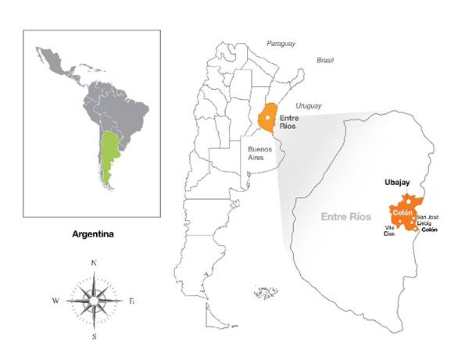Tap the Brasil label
(325, 59)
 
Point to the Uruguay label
(308, 105)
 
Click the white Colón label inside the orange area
(403, 212)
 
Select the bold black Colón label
(428, 230)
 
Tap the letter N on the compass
(94, 263)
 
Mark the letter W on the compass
(55, 301)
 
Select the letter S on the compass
(94, 337)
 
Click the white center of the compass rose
(94, 300)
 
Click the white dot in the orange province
(267, 119)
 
